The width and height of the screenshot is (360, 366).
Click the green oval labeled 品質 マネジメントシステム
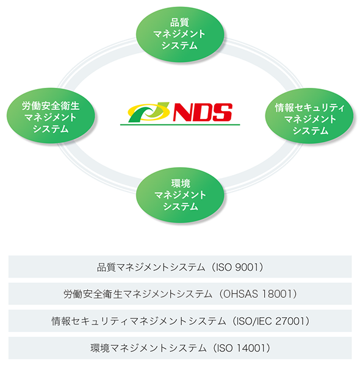pyautogui.click(x=180, y=34)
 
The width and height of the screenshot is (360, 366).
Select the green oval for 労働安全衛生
pyautogui.click(x=51, y=115)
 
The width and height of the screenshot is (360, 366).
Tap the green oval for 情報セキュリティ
pyautogui.click(x=309, y=115)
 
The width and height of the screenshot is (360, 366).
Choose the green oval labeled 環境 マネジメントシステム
pyautogui.click(x=180, y=195)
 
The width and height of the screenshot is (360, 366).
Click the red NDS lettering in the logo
pyautogui.click(x=203, y=112)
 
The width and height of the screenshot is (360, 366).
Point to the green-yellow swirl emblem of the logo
pyautogui.click(x=149, y=112)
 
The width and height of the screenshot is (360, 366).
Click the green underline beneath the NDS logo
pyautogui.click(x=180, y=125)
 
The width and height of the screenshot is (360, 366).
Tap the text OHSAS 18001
pyautogui.click(x=257, y=294)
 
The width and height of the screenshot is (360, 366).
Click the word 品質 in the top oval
pyautogui.click(x=179, y=23)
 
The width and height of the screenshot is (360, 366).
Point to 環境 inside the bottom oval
pyautogui.click(x=181, y=184)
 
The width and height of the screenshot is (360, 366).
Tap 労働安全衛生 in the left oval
pyautogui.click(x=51, y=106)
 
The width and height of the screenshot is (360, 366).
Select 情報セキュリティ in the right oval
pyautogui.click(x=309, y=108)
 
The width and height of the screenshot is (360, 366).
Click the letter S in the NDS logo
pyautogui.click(x=222, y=112)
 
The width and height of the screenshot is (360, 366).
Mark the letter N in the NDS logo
pyautogui.click(x=183, y=112)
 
